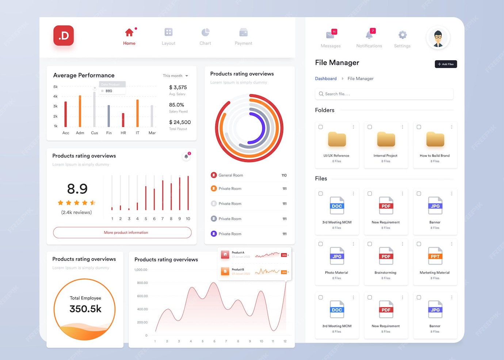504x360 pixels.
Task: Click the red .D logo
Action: pos(64,35)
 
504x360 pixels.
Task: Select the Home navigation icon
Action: pos(129,33)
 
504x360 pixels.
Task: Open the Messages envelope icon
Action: pos(331,35)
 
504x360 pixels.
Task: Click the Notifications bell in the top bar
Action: pos(369,35)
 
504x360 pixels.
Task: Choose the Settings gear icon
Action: pos(402,35)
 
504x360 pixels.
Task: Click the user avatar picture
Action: pos(438,37)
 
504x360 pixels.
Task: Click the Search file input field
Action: pos(384,94)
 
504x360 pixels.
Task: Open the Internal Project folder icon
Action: pos(386,139)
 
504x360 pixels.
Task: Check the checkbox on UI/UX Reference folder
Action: pos(321,127)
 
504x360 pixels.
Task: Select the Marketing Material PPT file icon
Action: pos(435,256)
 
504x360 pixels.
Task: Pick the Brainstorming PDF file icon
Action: pos(386,256)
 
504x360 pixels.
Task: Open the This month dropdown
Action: pos(175,76)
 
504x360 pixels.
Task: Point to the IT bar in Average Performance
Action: pos(137,113)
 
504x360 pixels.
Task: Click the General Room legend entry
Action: pos(230,175)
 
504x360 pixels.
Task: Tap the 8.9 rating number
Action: pos(77,189)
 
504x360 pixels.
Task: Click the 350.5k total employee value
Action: pos(85,309)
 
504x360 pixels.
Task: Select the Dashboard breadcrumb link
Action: pos(326,79)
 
